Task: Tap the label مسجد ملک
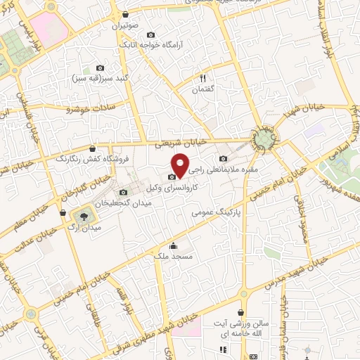(x=173, y=257)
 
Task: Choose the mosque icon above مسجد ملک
(x=173, y=246)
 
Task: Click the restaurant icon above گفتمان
(x=202, y=79)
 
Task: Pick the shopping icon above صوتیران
(x=125, y=14)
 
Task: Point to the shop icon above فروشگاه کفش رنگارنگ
(x=94, y=148)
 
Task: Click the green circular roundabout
(x=264, y=139)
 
